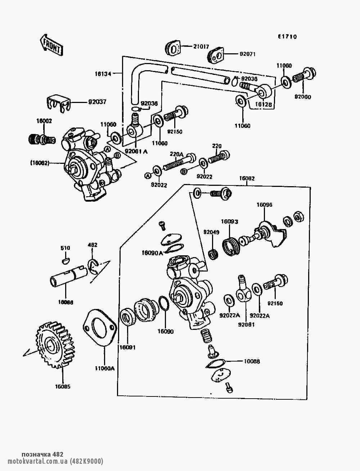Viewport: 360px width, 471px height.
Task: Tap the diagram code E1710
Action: click(287, 37)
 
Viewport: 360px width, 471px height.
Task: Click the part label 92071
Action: click(248, 54)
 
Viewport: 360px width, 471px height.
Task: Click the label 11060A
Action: click(105, 368)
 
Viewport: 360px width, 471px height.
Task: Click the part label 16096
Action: click(264, 205)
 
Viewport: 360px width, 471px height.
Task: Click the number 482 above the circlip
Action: click(93, 245)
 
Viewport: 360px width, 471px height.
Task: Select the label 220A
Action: click(177, 154)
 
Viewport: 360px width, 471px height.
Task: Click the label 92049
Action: click(211, 232)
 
